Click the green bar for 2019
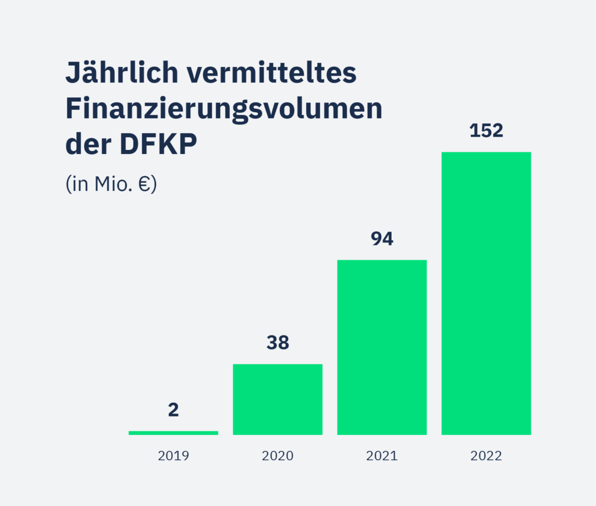[173, 433]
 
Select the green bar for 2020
[278, 400]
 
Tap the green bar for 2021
[382, 347]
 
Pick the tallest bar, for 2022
[486, 293]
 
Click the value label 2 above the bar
[173, 410]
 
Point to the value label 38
[278, 343]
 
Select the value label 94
[382, 239]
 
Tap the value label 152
[486, 131]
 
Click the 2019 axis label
[173, 456]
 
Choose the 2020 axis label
[278, 456]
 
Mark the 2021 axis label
[382, 456]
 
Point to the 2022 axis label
[486, 456]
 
